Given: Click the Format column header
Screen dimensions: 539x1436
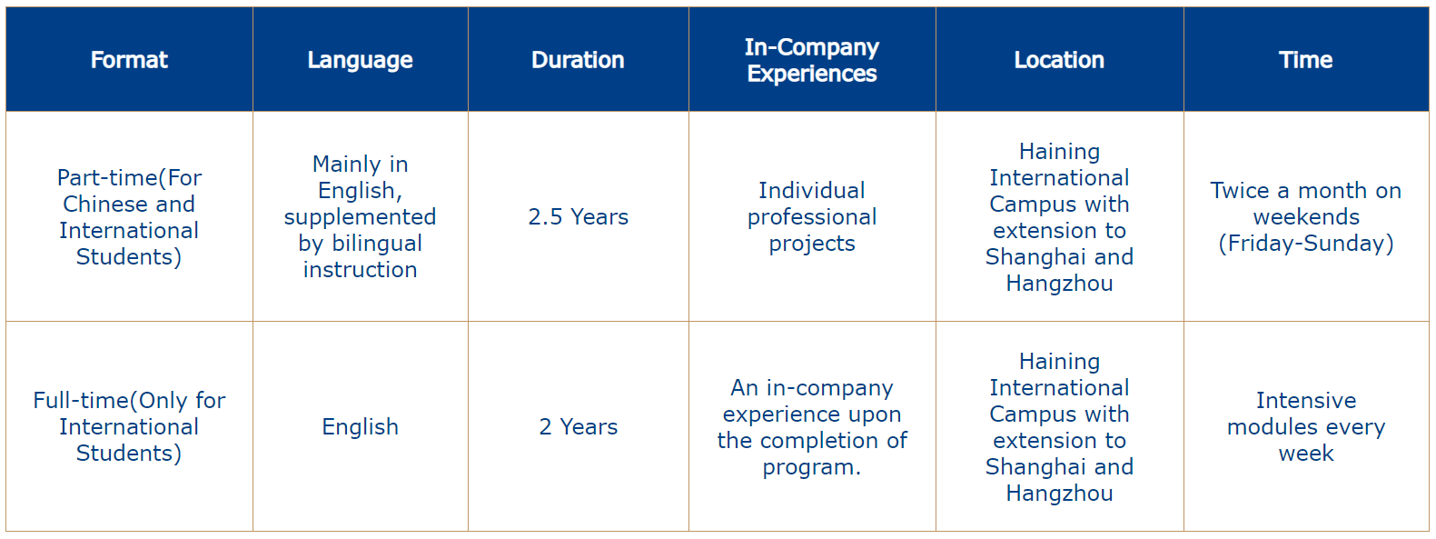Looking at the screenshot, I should (129, 60).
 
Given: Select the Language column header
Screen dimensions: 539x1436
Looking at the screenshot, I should (360, 60).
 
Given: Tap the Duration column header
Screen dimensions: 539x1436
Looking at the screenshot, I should (578, 60).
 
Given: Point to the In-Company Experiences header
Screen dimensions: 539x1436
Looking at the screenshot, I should (812, 60).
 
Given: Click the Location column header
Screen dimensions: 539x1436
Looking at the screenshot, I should (1059, 60).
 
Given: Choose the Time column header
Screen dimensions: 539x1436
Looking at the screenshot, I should (1305, 60).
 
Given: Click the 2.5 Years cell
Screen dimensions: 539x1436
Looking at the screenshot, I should (578, 216).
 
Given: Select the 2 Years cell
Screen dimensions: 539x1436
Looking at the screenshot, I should (578, 426).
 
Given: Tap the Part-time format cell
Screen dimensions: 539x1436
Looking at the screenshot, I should (129, 216).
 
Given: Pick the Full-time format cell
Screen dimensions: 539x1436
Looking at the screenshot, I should (129, 426).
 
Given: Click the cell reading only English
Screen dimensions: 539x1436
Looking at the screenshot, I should (360, 426).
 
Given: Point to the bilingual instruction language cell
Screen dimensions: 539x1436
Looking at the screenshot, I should (360, 216).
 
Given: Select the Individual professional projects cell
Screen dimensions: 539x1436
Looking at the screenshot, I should (812, 216).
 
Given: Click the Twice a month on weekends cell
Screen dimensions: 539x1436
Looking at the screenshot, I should (1305, 216).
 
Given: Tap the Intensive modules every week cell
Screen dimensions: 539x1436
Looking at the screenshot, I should (1305, 426).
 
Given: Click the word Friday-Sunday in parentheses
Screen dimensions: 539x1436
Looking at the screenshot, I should (1305, 244).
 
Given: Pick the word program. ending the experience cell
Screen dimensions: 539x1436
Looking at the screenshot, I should (811, 467).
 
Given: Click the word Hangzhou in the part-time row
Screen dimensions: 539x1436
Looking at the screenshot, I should (1059, 284).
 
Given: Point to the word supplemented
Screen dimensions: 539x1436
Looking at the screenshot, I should (360, 217).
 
